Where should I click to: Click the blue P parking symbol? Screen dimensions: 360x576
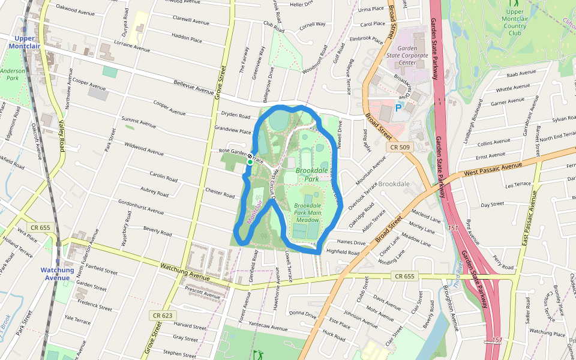(398, 108)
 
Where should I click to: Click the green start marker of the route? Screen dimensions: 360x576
(250, 162)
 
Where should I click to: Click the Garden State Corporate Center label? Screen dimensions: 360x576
(415, 55)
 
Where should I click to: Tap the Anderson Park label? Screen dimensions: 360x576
(13, 74)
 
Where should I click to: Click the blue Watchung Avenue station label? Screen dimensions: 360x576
(58, 274)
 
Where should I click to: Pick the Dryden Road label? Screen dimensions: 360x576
(235, 116)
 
